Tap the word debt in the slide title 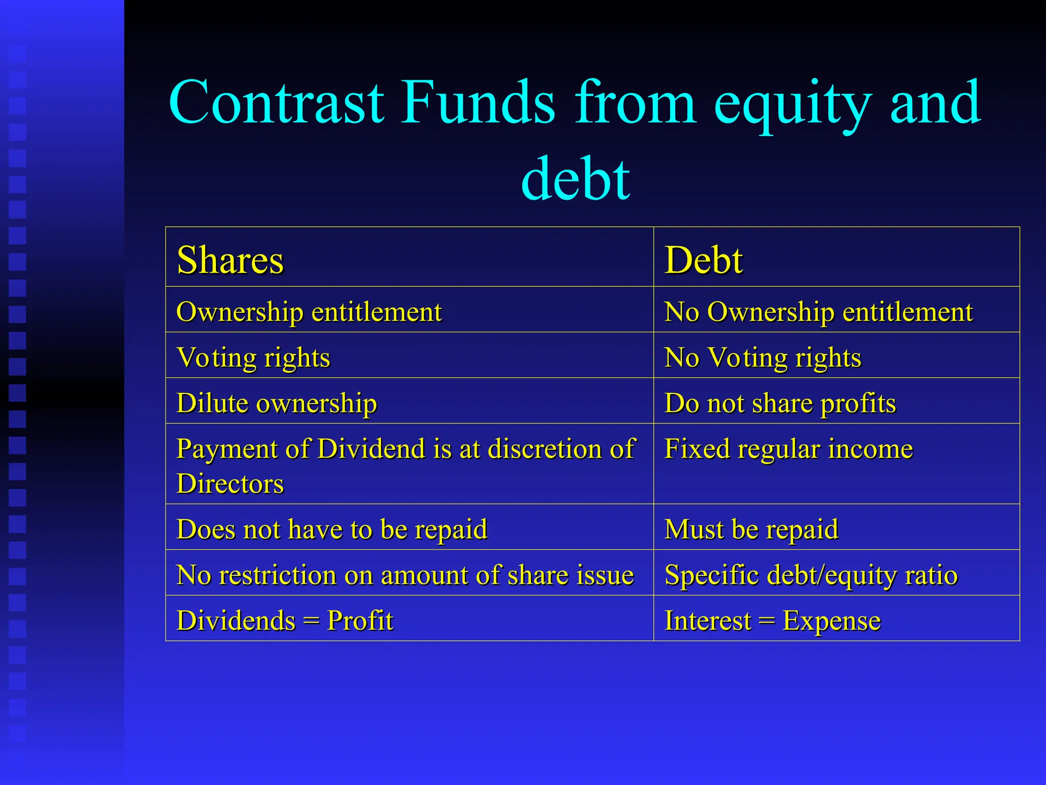coord(576,179)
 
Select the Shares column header coord(230,260)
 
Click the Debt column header coord(704,260)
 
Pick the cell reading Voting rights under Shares coord(253,357)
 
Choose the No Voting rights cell coord(763,357)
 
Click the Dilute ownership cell coord(277,403)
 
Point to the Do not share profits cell coord(780,403)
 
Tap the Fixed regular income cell coord(789,449)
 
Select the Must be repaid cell coord(751,529)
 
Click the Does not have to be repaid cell coord(332,529)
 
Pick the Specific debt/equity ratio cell coord(811,574)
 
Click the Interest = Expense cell coord(772,620)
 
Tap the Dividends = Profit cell coord(285,620)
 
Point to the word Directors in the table coord(230,483)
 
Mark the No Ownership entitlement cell coord(818,311)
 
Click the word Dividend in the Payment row coord(371,449)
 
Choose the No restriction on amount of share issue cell coord(405,574)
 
